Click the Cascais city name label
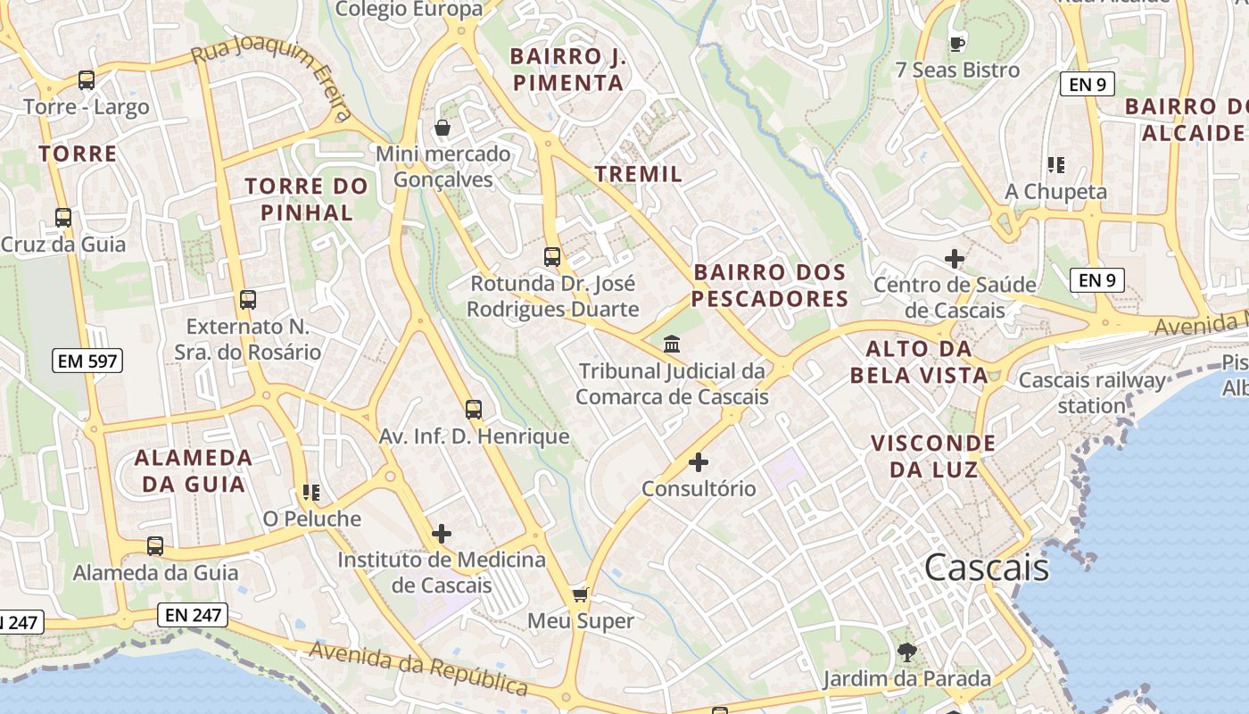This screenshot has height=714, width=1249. [x=987, y=567]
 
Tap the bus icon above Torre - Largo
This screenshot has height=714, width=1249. [x=87, y=80]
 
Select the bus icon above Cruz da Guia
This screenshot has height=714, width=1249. [x=63, y=218]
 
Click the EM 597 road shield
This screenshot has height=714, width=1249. [x=87, y=361]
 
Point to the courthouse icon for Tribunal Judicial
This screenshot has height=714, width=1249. [x=672, y=344]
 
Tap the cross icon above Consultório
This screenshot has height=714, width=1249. [x=699, y=462]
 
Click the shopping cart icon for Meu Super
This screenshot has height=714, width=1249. [x=581, y=594]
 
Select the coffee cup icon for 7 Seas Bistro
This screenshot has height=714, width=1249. [x=957, y=43]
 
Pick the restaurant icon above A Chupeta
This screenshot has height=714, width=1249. [x=1056, y=165]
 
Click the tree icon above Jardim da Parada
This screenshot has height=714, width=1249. [x=906, y=652]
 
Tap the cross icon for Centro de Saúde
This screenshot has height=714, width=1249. [x=955, y=259]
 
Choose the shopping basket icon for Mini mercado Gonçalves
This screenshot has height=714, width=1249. [x=442, y=128]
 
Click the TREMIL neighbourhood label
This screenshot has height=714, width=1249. [x=638, y=174]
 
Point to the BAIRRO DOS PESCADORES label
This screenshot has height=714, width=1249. [x=769, y=285]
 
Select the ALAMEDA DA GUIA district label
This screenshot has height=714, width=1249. [x=194, y=470]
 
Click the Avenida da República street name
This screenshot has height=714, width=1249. [x=418, y=668]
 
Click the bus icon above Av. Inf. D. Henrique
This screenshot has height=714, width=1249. [x=474, y=410]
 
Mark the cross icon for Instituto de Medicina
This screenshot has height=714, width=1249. [x=442, y=534]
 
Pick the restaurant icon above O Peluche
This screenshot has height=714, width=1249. [x=311, y=492]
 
